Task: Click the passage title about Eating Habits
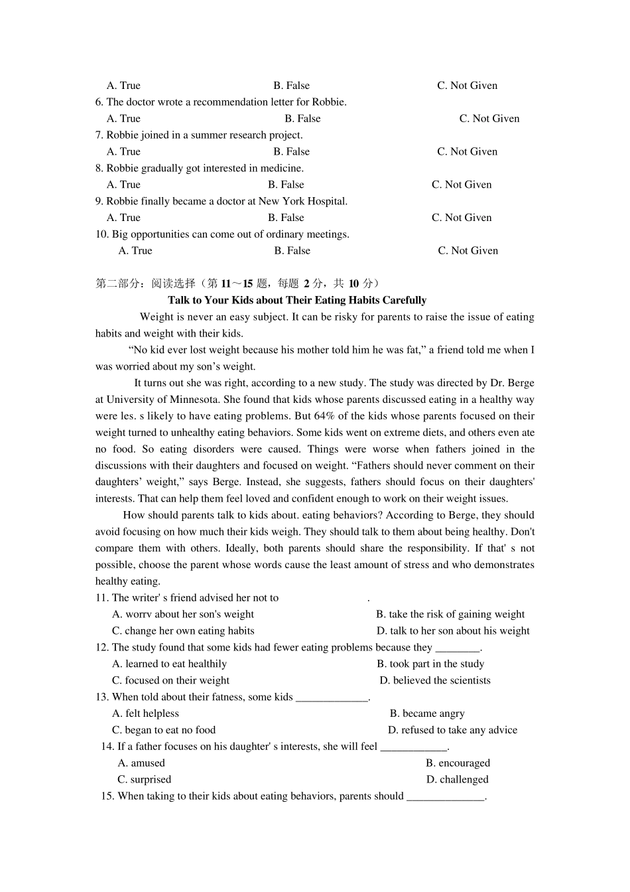click(297, 300)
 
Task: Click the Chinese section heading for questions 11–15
click(237, 283)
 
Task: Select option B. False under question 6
click(302, 119)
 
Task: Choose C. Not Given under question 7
click(467, 152)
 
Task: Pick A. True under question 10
click(135, 251)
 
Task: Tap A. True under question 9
click(123, 218)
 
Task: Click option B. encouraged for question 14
click(458, 763)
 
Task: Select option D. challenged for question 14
click(457, 780)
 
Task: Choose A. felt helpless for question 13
click(145, 713)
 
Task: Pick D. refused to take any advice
click(452, 730)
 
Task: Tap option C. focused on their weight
click(170, 680)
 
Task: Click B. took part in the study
click(430, 664)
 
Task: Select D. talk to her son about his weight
click(453, 631)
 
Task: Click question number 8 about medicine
click(99, 169)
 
